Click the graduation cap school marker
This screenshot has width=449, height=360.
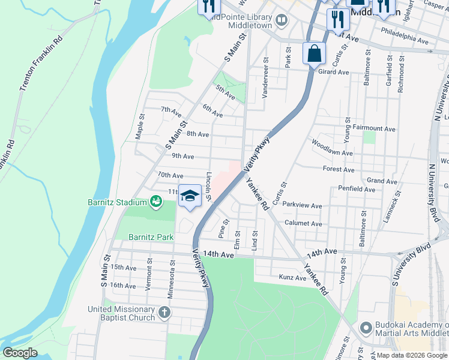[x=190, y=196]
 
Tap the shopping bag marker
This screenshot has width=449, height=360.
[x=314, y=53]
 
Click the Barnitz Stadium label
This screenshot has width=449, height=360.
[x=124, y=202]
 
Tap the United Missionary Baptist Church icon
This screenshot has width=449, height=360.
[x=164, y=313]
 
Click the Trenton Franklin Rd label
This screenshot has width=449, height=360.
[x=41, y=65]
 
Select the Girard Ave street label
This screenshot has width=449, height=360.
[x=333, y=72]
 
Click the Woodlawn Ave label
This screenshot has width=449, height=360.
[x=331, y=148]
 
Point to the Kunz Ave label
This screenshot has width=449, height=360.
[x=293, y=277]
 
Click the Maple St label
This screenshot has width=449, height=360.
[x=140, y=127]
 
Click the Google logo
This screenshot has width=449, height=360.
[x=20, y=353]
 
